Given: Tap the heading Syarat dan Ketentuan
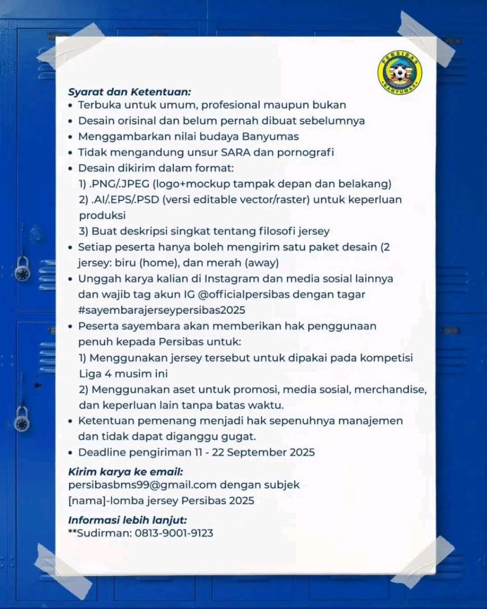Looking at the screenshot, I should [129, 92].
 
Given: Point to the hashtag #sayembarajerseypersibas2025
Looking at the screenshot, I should [162, 310].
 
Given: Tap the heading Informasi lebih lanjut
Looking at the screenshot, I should [127, 520].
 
